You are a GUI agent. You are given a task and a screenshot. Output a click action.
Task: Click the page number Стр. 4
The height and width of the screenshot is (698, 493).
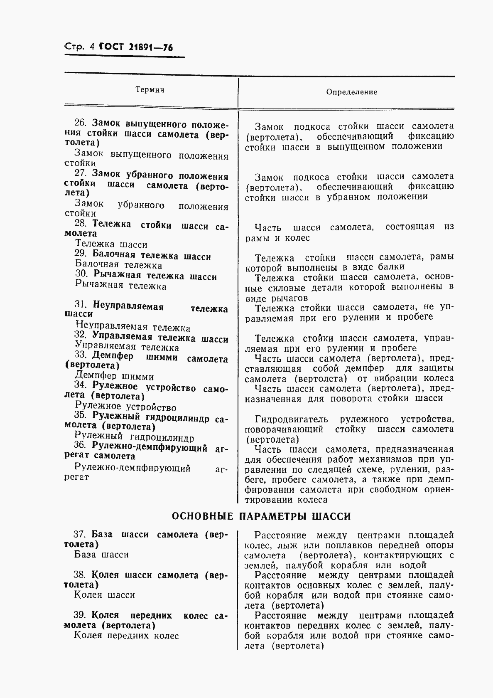pos(80,47)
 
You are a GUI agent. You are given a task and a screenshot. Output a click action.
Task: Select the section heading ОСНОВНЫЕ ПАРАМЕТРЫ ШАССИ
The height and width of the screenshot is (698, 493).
pos(261,516)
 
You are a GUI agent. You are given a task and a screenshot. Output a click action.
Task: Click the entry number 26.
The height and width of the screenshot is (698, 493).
pos(80,123)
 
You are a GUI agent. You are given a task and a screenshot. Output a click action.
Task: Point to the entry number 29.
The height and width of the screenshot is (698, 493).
pos(80,255)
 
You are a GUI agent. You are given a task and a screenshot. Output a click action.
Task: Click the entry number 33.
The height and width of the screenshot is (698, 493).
pos(80,355)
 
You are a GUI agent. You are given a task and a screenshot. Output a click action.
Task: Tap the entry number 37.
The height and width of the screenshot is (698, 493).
pos(79,535)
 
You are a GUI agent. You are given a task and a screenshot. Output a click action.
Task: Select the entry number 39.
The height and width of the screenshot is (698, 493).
pos(79,615)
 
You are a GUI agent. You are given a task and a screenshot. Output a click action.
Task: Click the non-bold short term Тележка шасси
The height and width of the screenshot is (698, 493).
pos(111,245)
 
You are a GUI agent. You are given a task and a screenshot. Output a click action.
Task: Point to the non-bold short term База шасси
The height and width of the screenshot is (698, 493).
pos(102,555)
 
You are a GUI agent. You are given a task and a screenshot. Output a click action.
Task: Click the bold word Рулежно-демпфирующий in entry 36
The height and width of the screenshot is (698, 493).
pos(150,448)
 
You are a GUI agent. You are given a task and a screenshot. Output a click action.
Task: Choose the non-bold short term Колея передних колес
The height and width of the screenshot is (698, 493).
pos(127,635)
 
